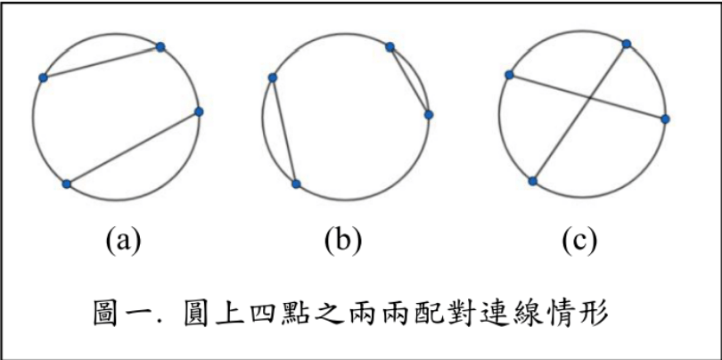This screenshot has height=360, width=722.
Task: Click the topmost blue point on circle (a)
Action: pyautogui.click(x=160, y=46)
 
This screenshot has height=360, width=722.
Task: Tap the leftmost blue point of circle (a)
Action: pyautogui.click(x=42, y=78)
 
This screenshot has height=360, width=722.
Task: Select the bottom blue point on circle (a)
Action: pyautogui.click(x=67, y=184)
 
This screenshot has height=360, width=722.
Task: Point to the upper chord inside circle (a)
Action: pyautogui.click(x=101, y=62)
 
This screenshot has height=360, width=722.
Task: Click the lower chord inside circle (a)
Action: pyautogui.click(x=132, y=147)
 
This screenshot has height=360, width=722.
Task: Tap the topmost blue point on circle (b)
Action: pyautogui.click(x=390, y=47)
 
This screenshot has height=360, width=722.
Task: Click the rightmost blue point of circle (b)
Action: pyautogui.click(x=429, y=114)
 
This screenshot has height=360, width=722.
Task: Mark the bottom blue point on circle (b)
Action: pyautogui.click(x=296, y=184)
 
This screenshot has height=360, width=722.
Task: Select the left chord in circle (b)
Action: pyautogui.click(x=284, y=131)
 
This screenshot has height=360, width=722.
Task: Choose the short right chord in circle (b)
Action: pyautogui.click(x=409, y=80)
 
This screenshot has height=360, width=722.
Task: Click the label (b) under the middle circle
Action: pyautogui.click(x=343, y=239)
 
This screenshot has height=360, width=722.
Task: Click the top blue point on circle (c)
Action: pyautogui.click(x=627, y=44)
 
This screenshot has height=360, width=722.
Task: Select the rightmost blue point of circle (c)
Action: pyautogui.click(x=665, y=118)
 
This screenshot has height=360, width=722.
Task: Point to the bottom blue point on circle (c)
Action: pyautogui.click(x=532, y=181)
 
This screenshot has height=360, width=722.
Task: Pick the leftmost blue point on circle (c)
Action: pyautogui.click(x=508, y=75)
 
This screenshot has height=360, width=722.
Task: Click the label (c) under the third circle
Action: pyautogui.click(x=579, y=239)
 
